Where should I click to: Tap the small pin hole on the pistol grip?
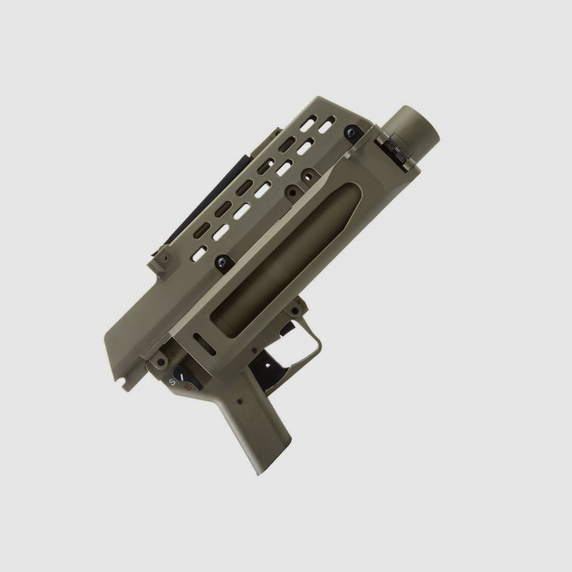[x=239, y=402]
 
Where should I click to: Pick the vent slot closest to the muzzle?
[x=327, y=126]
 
